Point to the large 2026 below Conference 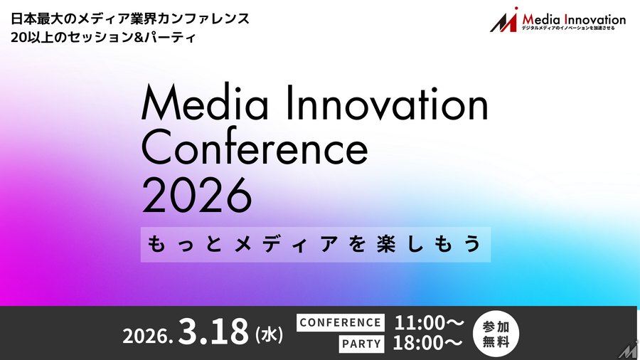point(197,194)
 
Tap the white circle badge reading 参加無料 point(496,332)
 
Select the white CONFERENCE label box point(341,322)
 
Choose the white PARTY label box point(361,344)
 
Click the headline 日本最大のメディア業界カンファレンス point(130,17)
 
